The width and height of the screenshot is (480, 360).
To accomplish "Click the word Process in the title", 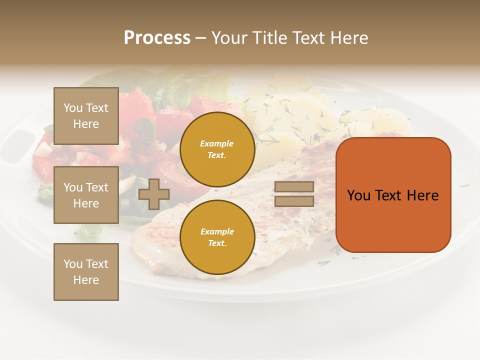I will [157, 38].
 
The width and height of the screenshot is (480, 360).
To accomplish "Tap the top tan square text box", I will [86, 116].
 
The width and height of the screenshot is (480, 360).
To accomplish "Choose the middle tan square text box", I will [86, 195].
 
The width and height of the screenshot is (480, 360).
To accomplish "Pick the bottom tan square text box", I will [86, 271].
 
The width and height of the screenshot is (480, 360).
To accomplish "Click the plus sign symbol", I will [153, 194].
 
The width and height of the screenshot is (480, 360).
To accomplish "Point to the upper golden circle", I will [217, 149].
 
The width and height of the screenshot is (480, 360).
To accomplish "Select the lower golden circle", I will [217, 237].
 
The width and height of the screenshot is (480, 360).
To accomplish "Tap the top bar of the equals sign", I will [294, 187].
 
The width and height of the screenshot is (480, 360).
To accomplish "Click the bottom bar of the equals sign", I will [294, 201].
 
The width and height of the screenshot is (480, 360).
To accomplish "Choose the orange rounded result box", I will [393, 195].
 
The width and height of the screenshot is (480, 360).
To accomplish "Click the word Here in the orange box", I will [423, 195].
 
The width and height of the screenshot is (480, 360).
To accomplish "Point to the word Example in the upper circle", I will [217, 143].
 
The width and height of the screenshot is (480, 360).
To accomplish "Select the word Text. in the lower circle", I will [217, 243].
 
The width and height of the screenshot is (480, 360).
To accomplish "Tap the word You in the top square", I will [73, 108].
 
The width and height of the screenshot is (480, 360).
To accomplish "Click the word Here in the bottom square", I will [86, 280].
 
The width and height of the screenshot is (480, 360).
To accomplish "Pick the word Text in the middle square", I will [96, 187].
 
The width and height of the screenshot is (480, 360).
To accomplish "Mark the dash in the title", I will [200, 38].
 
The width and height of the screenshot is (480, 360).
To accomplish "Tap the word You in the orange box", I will [358, 195].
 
